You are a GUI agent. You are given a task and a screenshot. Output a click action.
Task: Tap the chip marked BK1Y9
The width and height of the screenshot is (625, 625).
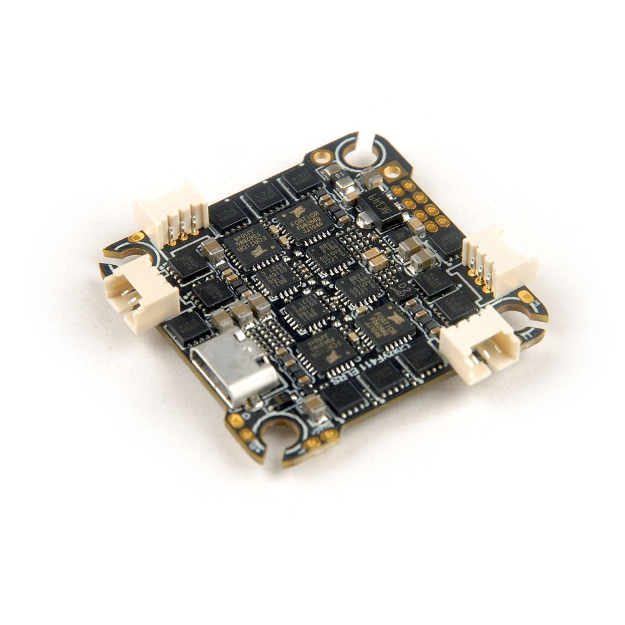(380, 206)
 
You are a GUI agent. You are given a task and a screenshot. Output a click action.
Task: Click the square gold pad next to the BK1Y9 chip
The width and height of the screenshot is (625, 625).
(391, 171)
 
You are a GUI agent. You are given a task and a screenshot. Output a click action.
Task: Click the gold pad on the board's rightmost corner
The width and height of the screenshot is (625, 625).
(525, 297)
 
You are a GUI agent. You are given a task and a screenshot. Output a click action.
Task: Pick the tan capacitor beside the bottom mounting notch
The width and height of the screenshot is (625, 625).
(315, 407)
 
